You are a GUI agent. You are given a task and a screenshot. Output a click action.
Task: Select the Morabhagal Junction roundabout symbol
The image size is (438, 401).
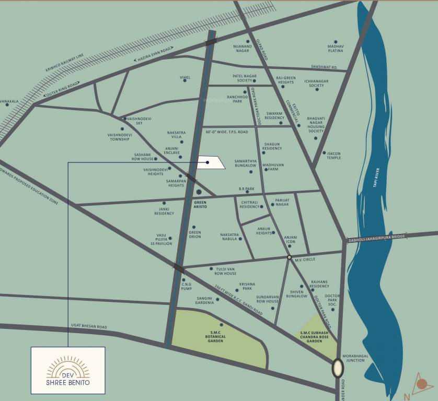tap(338, 368)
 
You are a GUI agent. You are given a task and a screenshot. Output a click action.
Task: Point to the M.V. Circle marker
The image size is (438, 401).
tap(289, 257)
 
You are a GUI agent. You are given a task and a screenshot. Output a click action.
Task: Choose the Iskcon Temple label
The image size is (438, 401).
tap(333, 156)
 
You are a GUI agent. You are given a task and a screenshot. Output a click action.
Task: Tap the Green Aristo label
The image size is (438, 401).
tap(201, 205)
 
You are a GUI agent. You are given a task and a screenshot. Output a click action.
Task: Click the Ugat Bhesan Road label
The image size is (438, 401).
tap(89, 327)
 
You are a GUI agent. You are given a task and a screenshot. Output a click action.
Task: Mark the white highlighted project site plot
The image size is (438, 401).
tap(211, 162)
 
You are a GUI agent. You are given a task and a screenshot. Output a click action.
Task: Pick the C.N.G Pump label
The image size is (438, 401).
tap(187, 286)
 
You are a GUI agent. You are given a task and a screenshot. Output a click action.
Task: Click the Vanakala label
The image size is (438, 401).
tap(9, 102)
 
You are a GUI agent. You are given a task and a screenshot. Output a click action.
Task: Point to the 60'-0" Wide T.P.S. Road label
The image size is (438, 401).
tap(226, 132)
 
